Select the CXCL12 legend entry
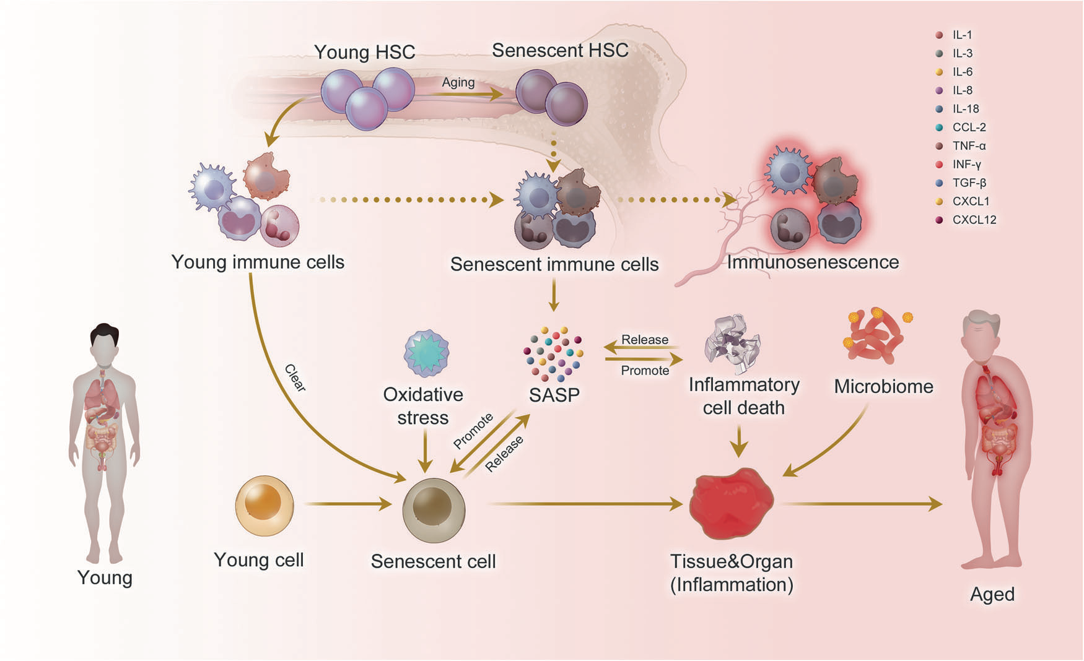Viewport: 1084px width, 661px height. pyautogui.click(x=966, y=220)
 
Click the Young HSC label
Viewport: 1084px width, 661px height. pyautogui.click(x=364, y=52)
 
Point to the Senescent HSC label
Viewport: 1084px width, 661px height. pyautogui.click(x=560, y=50)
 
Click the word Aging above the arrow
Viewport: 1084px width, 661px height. pyautogui.click(x=458, y=82)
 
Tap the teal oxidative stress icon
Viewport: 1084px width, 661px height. pyautogui.click(x=426, y=353)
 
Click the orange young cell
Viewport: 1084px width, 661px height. pyautogui.click(x=264, y=506)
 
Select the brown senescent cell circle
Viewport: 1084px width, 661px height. pyautogui.click(x=434, y=511)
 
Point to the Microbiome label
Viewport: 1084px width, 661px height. pyautogui.click(x=883, y=386)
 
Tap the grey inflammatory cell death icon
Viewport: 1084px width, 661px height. pyautogui.click(x=732, y=343)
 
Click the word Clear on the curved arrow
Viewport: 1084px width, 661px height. pyautogui.click(x=295, y=378)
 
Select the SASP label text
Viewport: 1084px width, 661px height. pyautogui.click(x=554, y=395)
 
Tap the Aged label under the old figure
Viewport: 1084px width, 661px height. pyautogui.click(x=992, y=594)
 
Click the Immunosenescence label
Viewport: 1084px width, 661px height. pyautogui.click(x=813, y=262)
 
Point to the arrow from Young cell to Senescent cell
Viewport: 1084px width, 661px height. pyautogui.click(x=348, y=504)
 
